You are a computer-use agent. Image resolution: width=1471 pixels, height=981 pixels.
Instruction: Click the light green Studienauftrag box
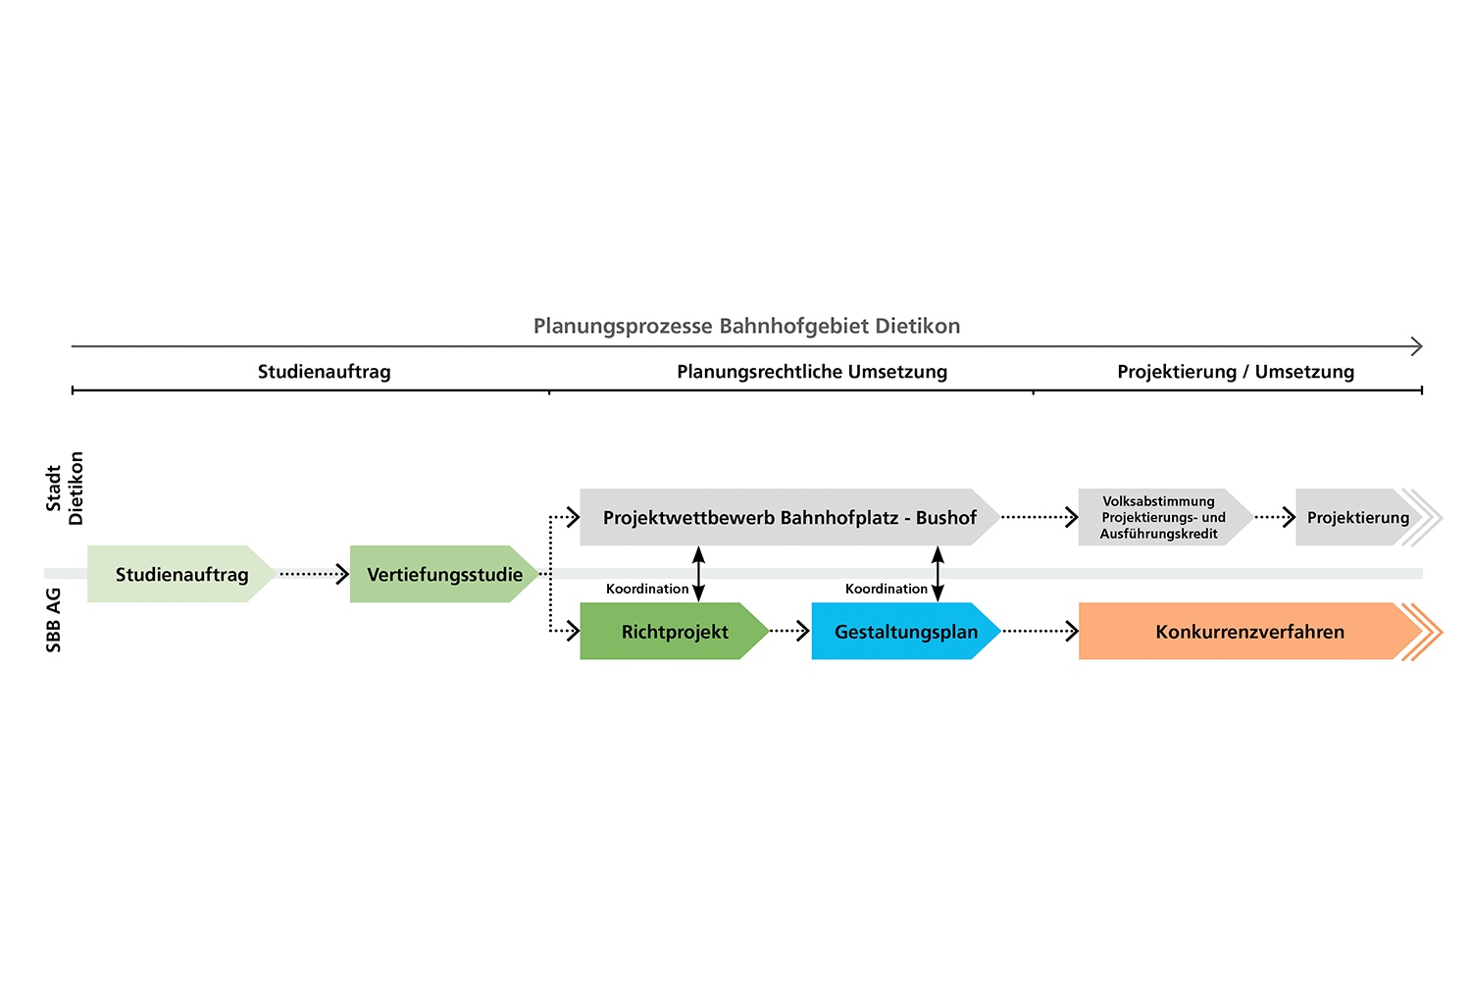pyautogui.click(x=181, y=574)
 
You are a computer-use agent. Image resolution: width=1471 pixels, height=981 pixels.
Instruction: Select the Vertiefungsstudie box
pyautogui.click(x=444, y=574)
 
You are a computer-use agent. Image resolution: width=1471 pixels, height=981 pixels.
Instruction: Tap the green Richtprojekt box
pyautogui.click(x=675, y=632)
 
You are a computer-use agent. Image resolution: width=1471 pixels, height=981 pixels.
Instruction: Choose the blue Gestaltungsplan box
pyautogui.click(x=905, y=632)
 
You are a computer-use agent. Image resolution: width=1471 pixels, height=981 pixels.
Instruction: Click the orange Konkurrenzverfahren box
pyautogui.click(x=1249, y=632)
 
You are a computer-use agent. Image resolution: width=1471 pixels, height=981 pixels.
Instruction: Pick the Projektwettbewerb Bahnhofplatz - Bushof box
pyautogui.click(x=789, y=517)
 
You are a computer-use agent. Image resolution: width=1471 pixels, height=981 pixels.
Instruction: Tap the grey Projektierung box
pyautogui.click(x=1357, y=517)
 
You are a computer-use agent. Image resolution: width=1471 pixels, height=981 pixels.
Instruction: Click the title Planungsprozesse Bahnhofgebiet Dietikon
pyautogui.click(x=746, y=326)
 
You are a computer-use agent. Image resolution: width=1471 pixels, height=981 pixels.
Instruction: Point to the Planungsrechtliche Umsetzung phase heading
pyautogui.click(x=812, y=372)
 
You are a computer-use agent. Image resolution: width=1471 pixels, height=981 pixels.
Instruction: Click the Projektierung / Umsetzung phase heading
pyautogui.click(x=1236, y=372)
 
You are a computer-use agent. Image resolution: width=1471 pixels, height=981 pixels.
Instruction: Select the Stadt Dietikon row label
pyautogui.click(x=65, y=489)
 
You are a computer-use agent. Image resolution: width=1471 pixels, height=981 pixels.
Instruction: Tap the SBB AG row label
pyautogui.click(x=54, y=620)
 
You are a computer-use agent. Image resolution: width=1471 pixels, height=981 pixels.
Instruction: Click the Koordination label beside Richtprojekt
pyautogui.click(x=647, y=589)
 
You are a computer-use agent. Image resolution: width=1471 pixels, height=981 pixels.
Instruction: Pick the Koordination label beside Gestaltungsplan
pyautogui.click(x=887, y=589)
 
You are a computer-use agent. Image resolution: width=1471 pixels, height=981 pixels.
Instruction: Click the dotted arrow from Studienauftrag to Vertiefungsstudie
pyautogui.click(x=314, y=574)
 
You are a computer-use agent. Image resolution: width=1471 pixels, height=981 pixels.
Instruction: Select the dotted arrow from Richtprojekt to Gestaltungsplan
pyautogui.click(x=789, y=631)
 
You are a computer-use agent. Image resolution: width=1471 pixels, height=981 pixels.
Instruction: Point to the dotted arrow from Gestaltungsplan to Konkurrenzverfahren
pyautogui.click(x=1040, y=631)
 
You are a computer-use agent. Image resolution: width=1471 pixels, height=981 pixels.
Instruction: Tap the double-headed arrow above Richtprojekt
pyautogui.click(x=698, y=574)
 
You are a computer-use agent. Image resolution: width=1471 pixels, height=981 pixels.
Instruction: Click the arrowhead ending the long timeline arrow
pyautogui.click(x=1416, y=346)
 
